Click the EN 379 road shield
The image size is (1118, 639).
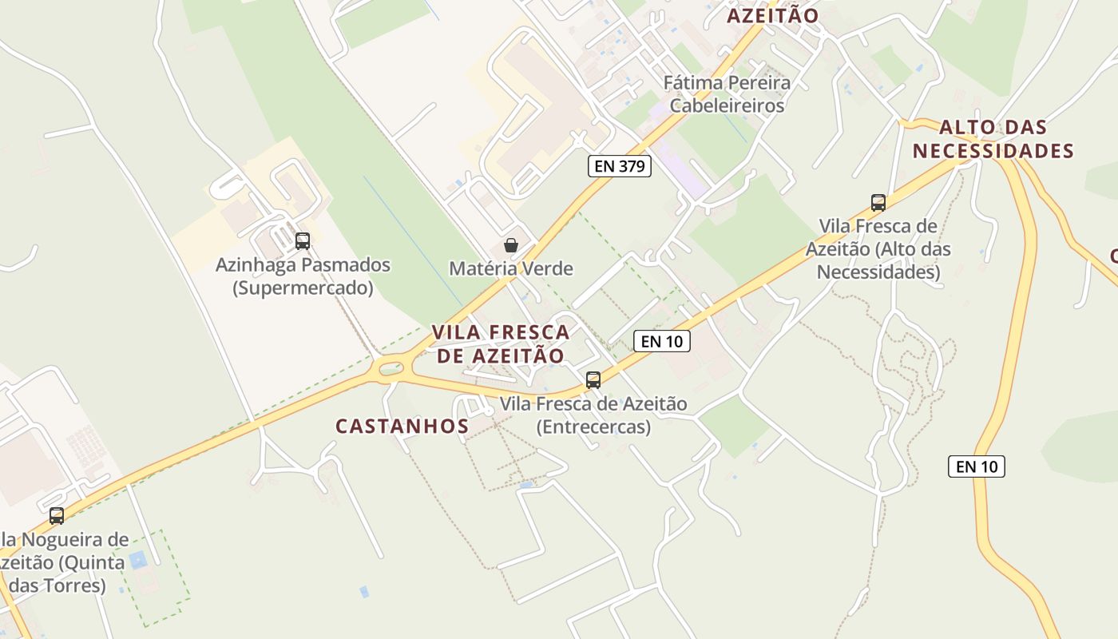620,166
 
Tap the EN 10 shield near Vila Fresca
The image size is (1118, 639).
661,341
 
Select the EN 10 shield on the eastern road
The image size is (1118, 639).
976,466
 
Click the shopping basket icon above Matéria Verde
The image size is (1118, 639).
511,245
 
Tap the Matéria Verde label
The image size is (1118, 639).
511,268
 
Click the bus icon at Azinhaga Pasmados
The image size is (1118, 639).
302,240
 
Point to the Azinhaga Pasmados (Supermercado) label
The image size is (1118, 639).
303,276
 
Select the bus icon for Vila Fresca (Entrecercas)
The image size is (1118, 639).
593,380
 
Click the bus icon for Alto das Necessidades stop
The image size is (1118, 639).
878,203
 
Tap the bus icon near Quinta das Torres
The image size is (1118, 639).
57,516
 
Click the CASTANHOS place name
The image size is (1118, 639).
402,427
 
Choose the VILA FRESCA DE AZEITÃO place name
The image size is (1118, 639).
501,343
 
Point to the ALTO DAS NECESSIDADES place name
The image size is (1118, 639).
993,139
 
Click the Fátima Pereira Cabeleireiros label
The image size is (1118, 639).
727,93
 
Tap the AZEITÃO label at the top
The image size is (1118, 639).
772,15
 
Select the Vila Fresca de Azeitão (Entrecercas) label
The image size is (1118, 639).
593,415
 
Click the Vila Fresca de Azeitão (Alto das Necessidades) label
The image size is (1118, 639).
878,249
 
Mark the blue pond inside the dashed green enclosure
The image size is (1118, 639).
138,558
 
